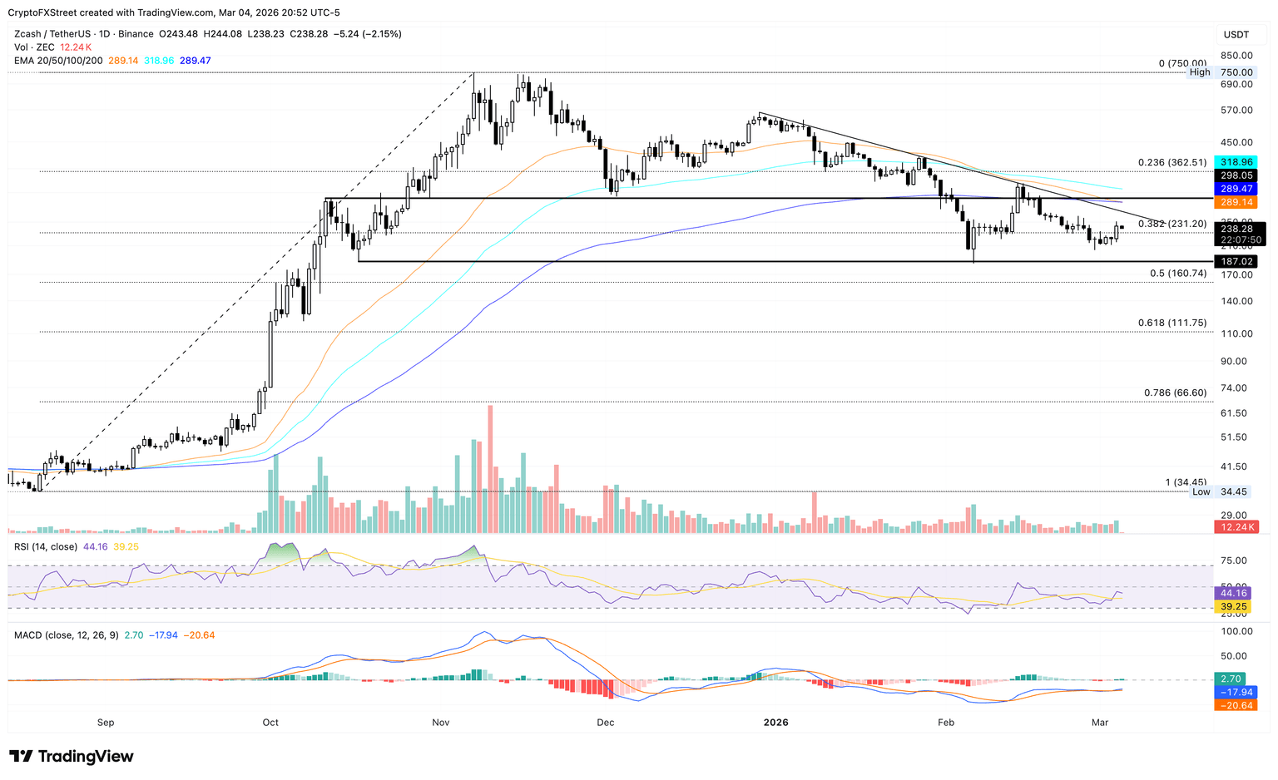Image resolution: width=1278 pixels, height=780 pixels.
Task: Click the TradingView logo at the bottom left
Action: (x=72, y=756)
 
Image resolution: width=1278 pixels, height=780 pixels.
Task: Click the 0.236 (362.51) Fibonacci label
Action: (x=1171, y=163)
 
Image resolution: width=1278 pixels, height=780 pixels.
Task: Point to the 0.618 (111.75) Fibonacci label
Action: (x=1171, y=323)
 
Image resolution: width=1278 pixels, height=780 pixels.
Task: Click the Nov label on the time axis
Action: (x=441, y=722)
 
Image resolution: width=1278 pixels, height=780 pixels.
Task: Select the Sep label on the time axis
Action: (x=106, y=722)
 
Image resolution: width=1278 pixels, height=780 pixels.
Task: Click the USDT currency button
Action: (x=1236, y=35)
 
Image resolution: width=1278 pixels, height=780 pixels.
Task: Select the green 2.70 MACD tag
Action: (x=1231, y=679)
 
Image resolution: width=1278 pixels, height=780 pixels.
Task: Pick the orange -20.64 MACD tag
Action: (x=1236, y=705)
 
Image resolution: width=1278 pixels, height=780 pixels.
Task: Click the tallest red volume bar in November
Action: (x=490, y=469)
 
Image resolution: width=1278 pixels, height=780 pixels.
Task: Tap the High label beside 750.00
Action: (x=1200, y=72)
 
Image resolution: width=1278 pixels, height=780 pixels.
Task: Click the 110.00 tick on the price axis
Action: (x=1236, y=333)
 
